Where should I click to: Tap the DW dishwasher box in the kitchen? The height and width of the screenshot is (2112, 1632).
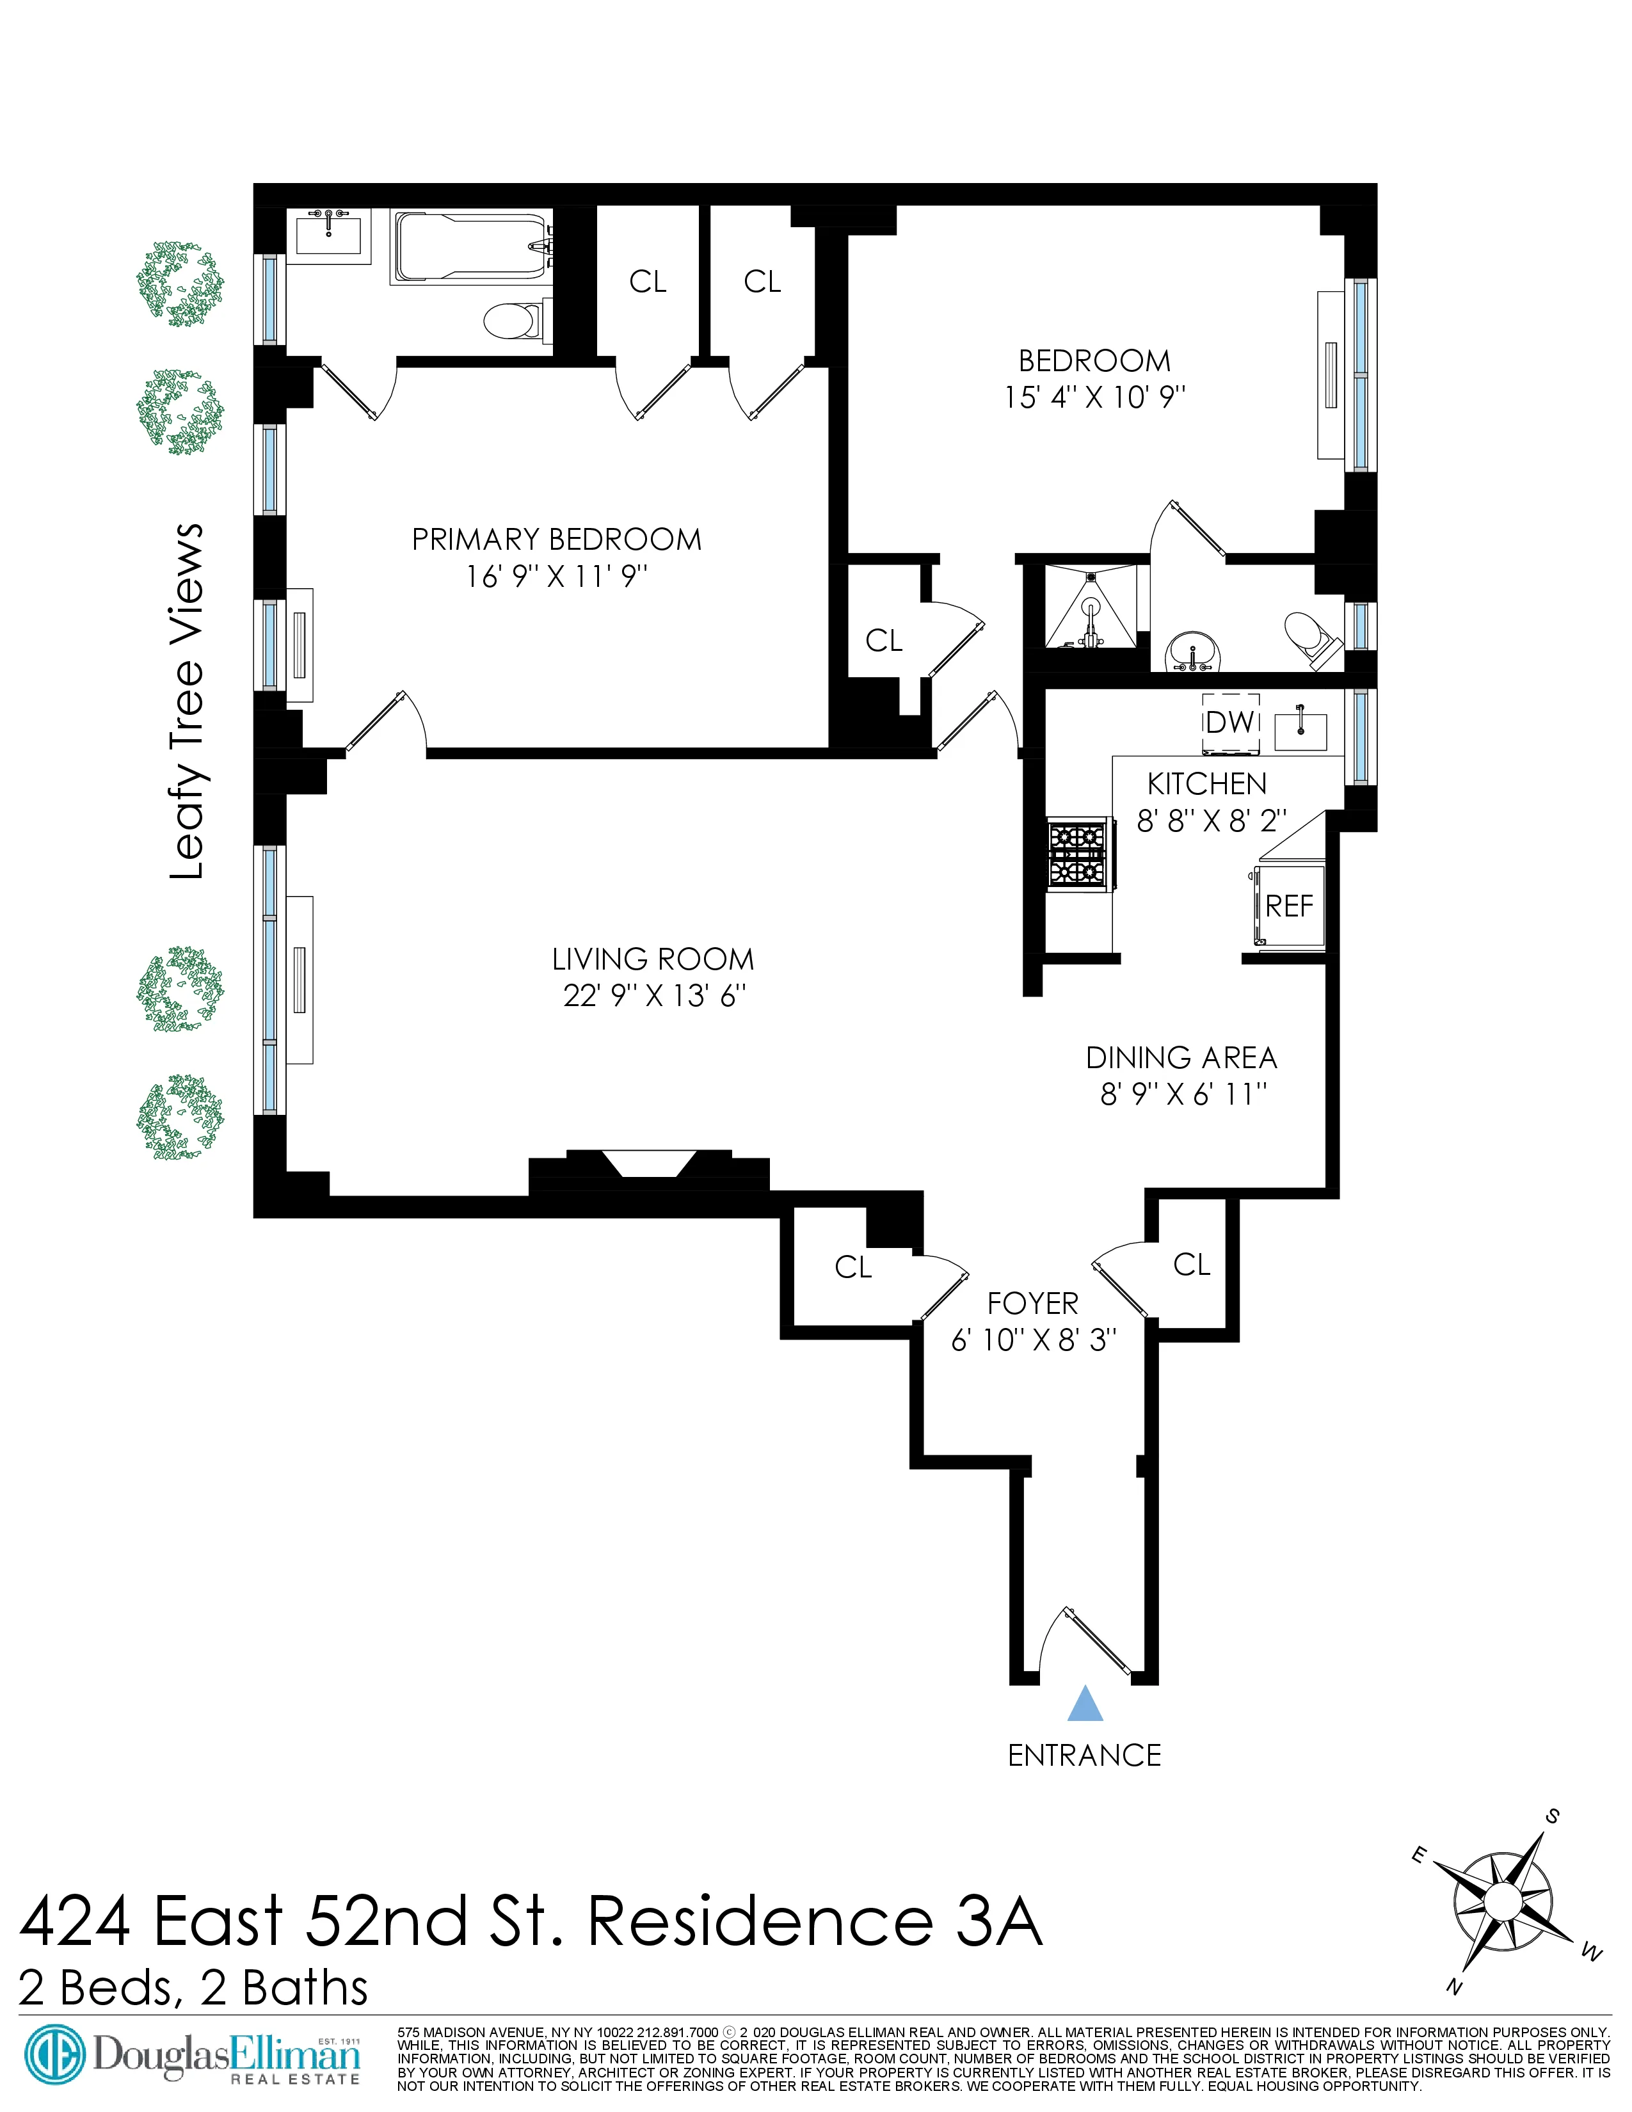(1230, 723)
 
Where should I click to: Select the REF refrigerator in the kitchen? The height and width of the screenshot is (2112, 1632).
(1290, 905)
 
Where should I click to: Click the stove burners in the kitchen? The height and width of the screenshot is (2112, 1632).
(1077, 854)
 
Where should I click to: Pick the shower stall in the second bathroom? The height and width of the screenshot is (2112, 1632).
(1091, 609)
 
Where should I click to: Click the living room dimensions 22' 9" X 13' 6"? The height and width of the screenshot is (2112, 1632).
(653, 995)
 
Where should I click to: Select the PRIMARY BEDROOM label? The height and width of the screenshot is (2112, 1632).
(556, 540)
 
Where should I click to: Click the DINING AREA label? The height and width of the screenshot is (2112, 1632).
(1181, 1057)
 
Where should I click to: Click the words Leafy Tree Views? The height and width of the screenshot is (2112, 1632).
(188, 701)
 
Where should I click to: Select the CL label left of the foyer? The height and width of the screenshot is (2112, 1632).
(852, 1267)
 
